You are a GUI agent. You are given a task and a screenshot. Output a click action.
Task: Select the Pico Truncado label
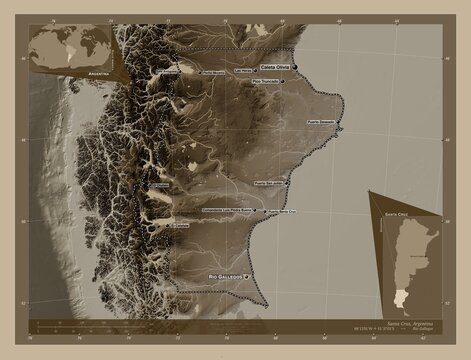[x=266, y=81]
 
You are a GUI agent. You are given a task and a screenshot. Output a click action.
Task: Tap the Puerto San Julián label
[x=275, y=183]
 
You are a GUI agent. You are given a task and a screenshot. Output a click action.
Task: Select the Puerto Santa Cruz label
[x=283, y=212]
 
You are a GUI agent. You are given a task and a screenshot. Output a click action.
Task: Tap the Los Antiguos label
[x=170, y=73]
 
